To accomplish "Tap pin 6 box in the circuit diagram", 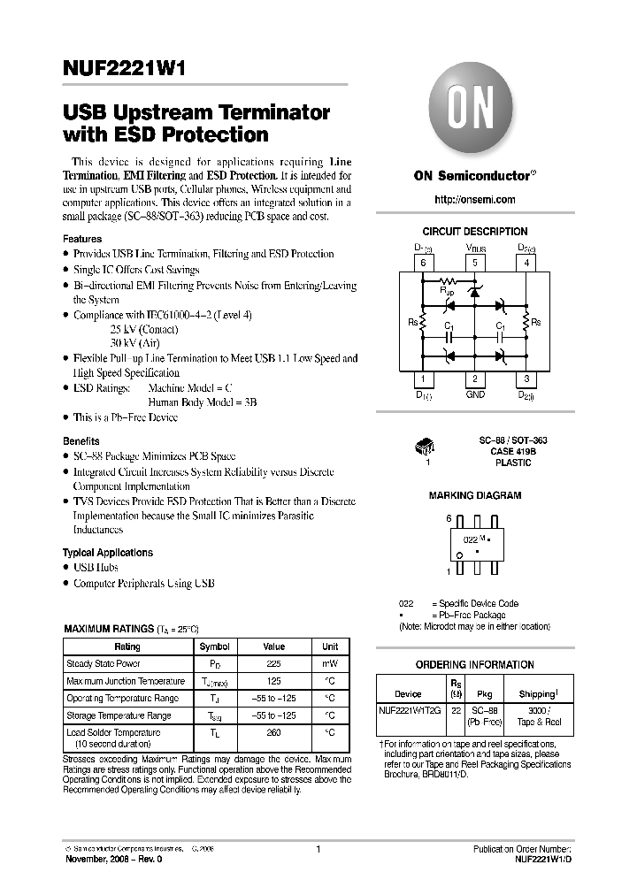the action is click(x=423, y=263).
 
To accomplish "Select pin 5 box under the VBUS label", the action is click(x=475, y=263).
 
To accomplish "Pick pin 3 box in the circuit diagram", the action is click(x=526, y=379).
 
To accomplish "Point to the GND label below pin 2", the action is click(x=475, y=394).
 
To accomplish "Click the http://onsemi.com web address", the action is click(x=474, y=201).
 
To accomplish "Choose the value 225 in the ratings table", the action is click(x=273, y=663).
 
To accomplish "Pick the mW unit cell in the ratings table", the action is click(x=330, y=663).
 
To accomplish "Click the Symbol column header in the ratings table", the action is click(x=214, y=646).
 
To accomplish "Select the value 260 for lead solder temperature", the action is click(x=273, y=732).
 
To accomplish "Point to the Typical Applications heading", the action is click(x=108, y=553).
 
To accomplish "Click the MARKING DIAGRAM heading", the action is click(x=474, y=496).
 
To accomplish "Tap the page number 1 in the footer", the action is click(x=318, y=850).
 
